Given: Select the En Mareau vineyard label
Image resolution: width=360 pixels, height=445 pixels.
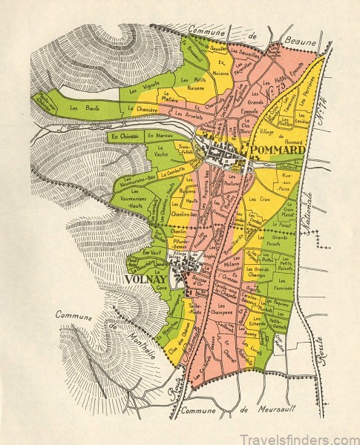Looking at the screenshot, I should (x=160, y=136).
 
